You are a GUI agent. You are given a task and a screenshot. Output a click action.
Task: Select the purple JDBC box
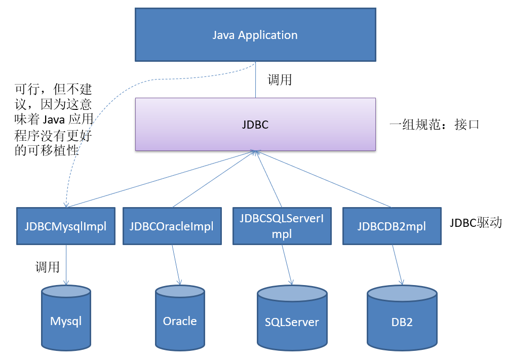(x=255, y=124)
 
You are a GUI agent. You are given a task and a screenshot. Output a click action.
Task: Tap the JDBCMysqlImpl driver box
(x=66, y=226)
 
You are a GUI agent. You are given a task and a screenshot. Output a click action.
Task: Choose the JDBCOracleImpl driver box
(x=172, y=226)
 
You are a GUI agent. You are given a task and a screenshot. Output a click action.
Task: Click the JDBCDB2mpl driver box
(x=392, y=226)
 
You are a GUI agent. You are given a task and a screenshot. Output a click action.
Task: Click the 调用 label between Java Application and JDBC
(x=280, y=79)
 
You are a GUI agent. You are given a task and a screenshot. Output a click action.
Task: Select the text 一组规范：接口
(x=434, y=125)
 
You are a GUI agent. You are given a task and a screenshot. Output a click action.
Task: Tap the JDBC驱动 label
(x=475, y=222)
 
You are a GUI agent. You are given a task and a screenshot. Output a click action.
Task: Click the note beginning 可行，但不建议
(x=53, y=119)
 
